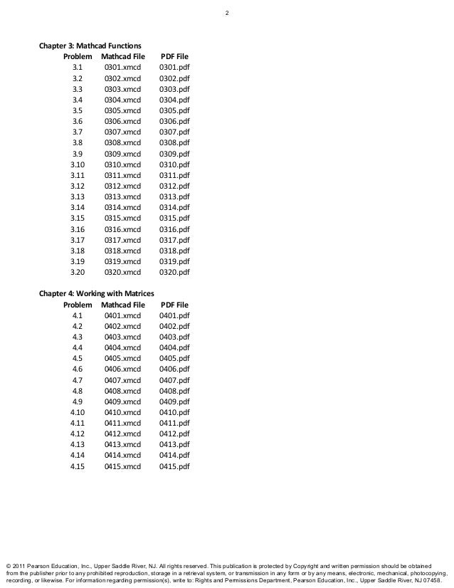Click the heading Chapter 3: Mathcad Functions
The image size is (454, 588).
point(90,46)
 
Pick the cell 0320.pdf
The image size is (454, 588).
point(174,271)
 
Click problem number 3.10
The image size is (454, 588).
point(78,164)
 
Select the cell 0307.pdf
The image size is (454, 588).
point(174,132)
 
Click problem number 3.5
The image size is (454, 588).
point(78,110)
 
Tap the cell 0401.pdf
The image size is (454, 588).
point(174,315)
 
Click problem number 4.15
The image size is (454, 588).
point(78,466)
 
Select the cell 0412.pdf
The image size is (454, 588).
point(174,434)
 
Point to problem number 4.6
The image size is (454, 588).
point(78,369)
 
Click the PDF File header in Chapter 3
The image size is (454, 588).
point(174,56)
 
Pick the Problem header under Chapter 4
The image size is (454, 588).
point(78,304)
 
